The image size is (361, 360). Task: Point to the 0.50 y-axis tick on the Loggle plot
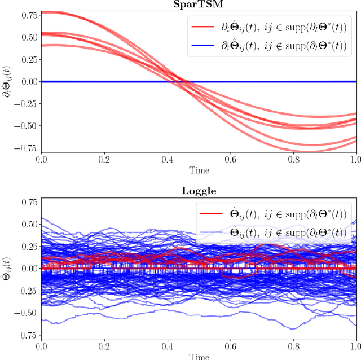pyautogui.click(x=27, y=224)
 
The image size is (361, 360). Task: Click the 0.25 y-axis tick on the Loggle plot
pyautogui.click(x=27, y=246)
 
